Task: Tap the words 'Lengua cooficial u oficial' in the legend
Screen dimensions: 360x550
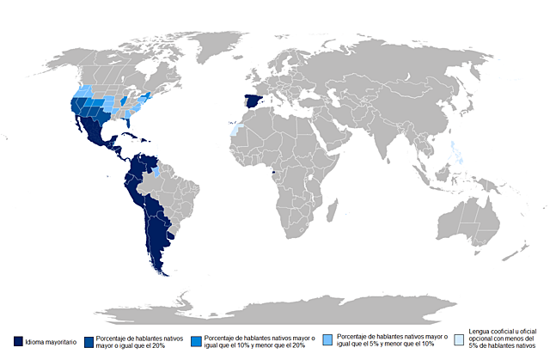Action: coord(507,331)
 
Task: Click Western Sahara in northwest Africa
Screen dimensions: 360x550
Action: coord(233,130)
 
